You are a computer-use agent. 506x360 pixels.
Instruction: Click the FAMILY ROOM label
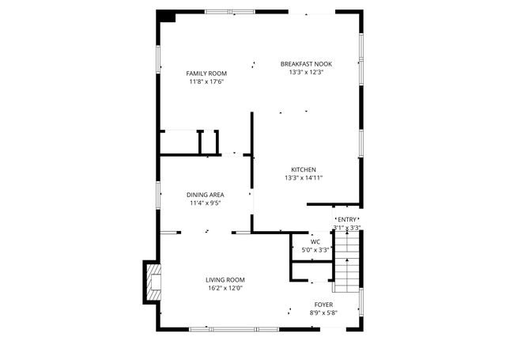coord(206,74)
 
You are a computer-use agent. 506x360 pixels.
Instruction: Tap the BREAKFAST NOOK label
coord(306,63)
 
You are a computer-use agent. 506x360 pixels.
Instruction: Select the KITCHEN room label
coord(304,169)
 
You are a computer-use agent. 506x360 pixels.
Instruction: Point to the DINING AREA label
coord(205,195)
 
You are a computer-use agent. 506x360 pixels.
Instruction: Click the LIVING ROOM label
coord(225,279)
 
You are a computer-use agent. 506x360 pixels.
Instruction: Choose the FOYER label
coord(324,304)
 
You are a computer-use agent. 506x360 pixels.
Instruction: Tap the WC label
coord(315,241)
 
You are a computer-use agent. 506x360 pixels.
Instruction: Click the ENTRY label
coord(347,219)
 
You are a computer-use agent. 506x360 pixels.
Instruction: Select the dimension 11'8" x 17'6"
coord(206,81)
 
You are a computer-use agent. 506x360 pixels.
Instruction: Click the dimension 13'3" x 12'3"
coord(306,72)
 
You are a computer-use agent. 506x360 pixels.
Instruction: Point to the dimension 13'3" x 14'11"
coord(304,178)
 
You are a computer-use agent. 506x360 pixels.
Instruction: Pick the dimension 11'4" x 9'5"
coord(205,203)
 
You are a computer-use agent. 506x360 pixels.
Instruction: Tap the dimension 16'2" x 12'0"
coord(225,288)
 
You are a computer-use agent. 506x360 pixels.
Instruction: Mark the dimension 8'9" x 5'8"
coord(324,313)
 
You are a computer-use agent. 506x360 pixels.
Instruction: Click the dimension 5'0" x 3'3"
coord(315,250)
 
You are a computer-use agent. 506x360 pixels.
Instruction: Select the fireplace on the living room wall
coord(149,282)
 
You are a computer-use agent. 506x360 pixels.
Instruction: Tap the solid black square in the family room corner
coord(167,16)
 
